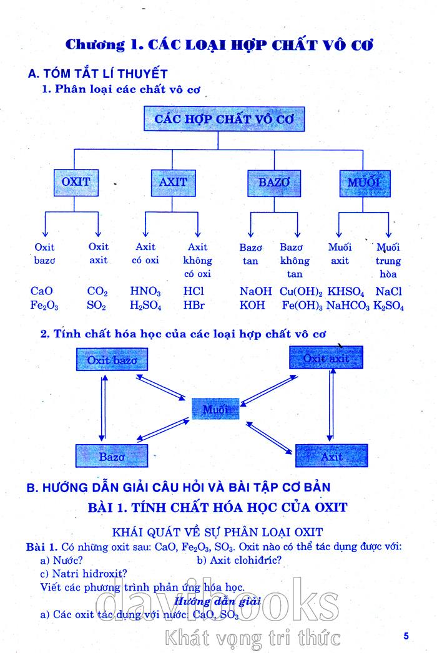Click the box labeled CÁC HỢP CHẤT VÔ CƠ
coord(225,119)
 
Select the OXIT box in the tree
coord(76,182)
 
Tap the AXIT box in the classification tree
coord(173,182)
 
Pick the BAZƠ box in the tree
coord(274,183)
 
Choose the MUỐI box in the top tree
coord(364,183)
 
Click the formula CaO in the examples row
coord(42,291)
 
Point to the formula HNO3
coord(145,291)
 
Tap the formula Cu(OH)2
coord(301,291)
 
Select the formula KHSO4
coord(346,291)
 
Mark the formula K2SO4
coord(388,306)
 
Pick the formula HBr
coord(194,306)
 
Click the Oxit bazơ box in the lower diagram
coord(112,360)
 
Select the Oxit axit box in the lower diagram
coord(326,359)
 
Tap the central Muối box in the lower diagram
coord(216,409)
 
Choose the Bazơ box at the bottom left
coord(112,457)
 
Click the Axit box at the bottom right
coord(331,457)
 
